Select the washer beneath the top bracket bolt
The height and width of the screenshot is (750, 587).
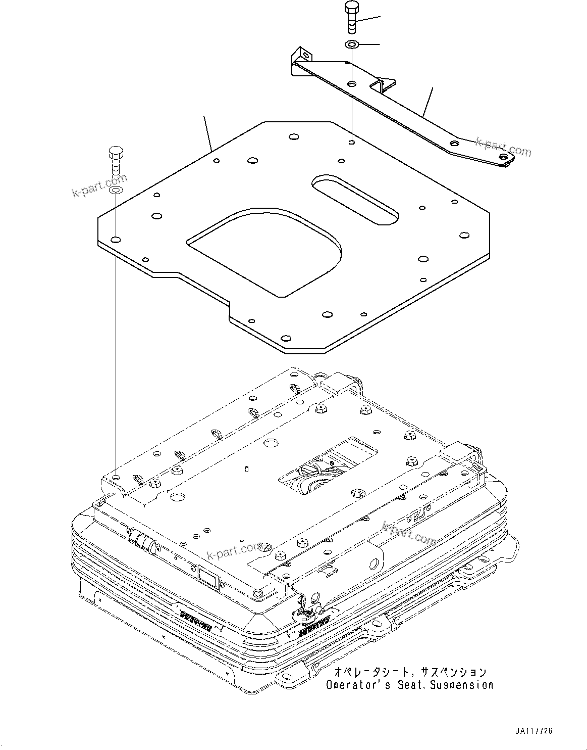(352, 45)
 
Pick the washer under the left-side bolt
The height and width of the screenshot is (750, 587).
(116, 191)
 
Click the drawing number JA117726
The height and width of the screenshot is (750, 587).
(533, 731)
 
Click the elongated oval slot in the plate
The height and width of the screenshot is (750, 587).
(356, 198)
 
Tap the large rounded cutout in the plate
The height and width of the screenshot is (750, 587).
(265, 250)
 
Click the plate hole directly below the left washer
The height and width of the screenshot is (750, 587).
(116, 240)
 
